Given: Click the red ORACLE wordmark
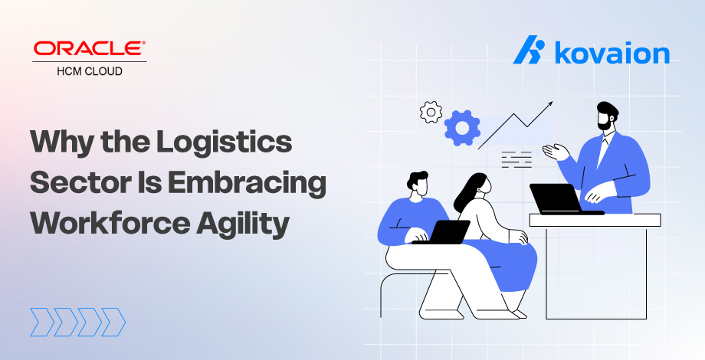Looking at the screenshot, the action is [x=90, y=48].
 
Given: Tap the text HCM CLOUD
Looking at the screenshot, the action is [x=90, y=71].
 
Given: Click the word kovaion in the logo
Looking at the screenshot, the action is [x=612, y=53].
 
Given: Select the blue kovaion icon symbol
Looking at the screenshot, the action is [x=529, y=50].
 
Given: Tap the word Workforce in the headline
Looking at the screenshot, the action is [x=110, y=223].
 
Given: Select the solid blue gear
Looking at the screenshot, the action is [x=462, y=128].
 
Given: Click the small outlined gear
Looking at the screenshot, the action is [x=431, y=113].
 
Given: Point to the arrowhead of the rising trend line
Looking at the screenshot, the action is [x=549, y=104].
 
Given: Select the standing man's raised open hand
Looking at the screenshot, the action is [x=556, y=151].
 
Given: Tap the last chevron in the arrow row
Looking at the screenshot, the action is [x=113, y=322].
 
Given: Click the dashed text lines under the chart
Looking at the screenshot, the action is [x=516, y=159].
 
